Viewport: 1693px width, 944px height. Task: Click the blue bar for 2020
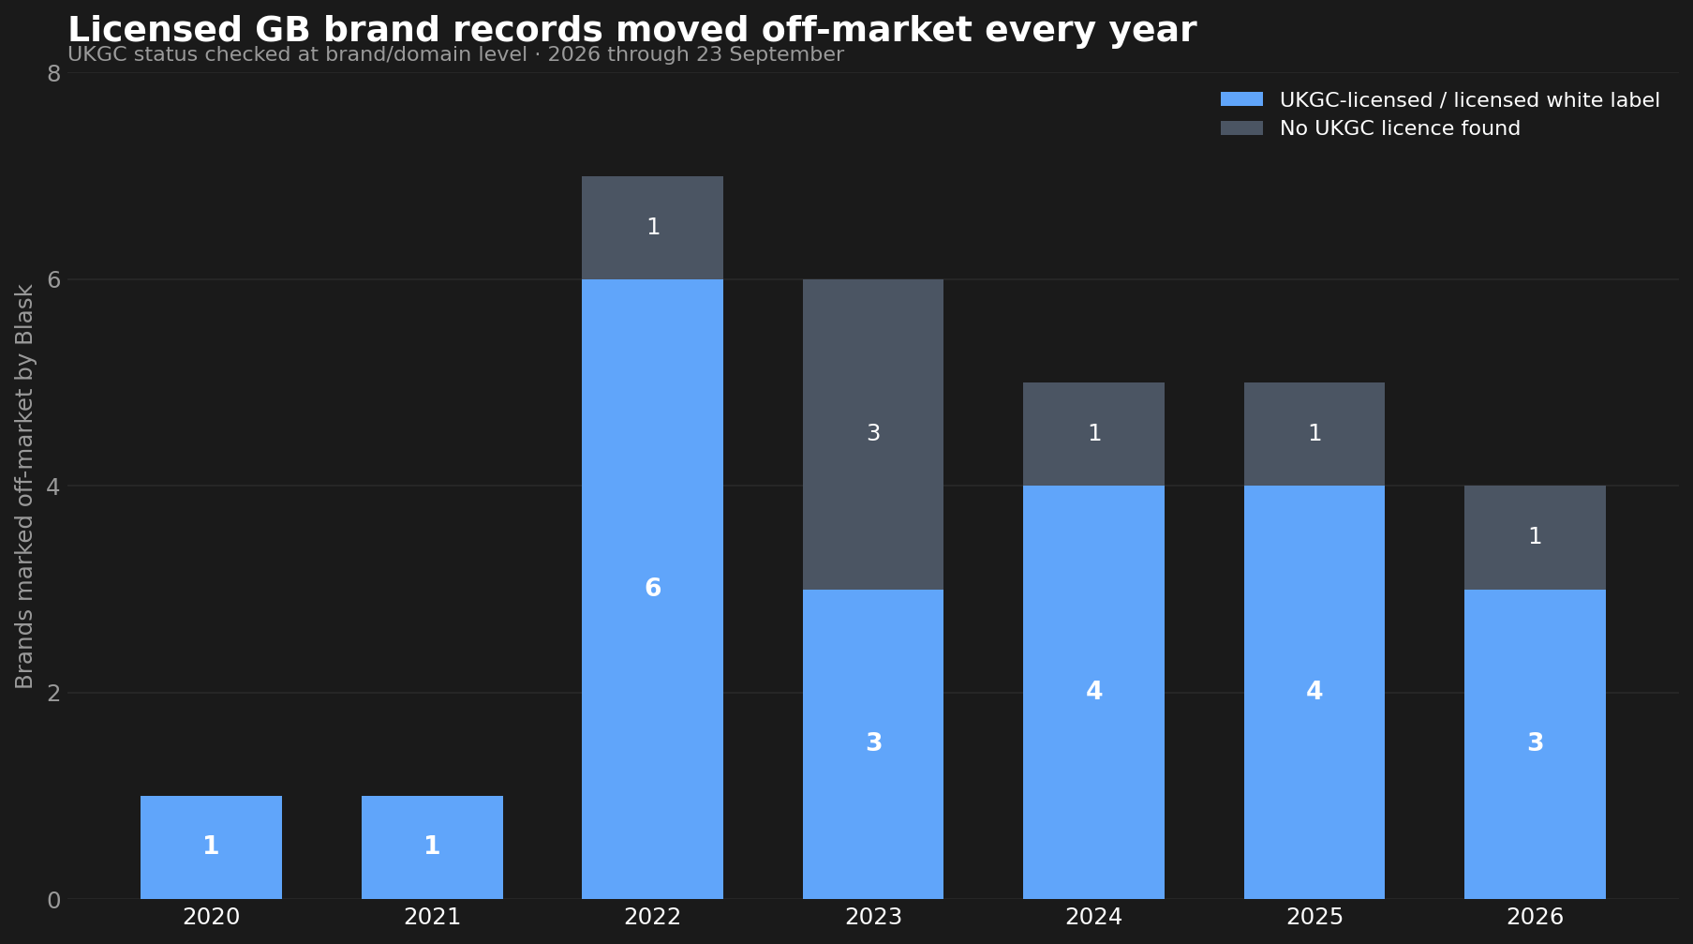tap(211, 847)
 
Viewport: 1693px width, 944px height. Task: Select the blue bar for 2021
tap(432, 847)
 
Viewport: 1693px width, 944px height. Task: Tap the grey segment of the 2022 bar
tap(652, 228)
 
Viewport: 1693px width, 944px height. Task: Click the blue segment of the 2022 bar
tap(652, 589)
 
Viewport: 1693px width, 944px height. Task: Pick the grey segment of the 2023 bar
tap(873, 434)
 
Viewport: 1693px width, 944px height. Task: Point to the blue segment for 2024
tap(1093, 692)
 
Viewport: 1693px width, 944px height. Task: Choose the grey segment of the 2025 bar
tap(1314, 434)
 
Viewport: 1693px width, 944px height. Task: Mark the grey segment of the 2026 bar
tap(1535, 537)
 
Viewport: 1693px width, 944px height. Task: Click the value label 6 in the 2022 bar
tap(653, 589)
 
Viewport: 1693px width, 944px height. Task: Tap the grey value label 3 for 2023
tap(873, 433)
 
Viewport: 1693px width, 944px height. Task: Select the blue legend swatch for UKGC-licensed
tap(1241, 99)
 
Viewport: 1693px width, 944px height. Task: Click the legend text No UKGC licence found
tap(1400, 128)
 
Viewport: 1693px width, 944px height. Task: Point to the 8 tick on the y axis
tap(53, 73)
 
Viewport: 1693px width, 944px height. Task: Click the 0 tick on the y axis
tap(53, 900)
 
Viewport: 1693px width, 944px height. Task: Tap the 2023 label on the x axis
tap(873, 917)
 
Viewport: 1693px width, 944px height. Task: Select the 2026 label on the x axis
tap(1535, 917)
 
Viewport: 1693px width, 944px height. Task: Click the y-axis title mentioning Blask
tap(24, 487)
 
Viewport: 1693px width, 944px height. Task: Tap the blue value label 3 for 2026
tap(1536, 743)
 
